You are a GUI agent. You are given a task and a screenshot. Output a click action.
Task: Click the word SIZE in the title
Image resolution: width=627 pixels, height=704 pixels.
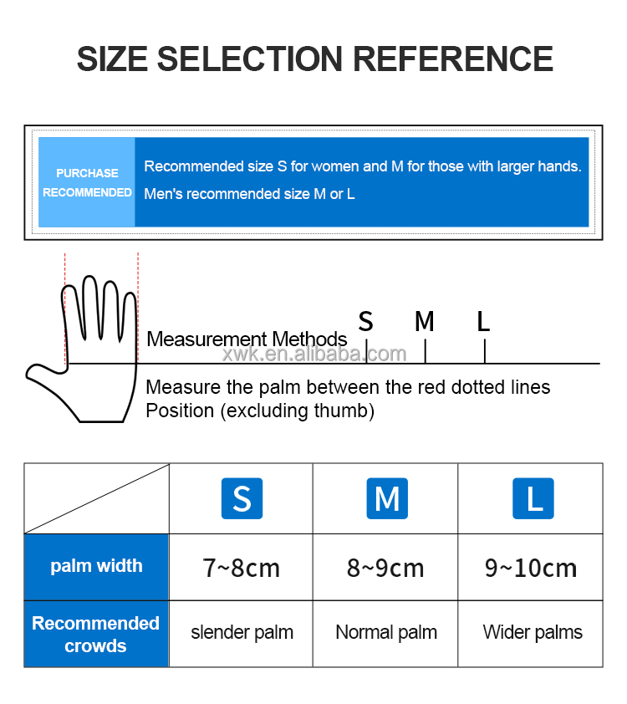coord(112,59)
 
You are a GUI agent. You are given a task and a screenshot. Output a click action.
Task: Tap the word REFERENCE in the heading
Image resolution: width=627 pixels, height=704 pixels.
coord(453,59)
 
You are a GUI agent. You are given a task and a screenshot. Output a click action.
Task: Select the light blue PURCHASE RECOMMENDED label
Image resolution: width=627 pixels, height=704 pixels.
coord(87,182)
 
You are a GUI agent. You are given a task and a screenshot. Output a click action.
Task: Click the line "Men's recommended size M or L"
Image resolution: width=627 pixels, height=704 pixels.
coord(249,194)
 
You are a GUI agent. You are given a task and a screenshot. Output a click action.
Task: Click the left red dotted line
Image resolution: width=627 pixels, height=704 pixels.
coord(65,309)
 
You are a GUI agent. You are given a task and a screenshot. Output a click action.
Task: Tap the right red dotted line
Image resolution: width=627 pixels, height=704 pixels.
coord(138,308)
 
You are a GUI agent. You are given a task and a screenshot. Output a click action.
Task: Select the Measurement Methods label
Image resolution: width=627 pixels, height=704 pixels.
coord(247,339)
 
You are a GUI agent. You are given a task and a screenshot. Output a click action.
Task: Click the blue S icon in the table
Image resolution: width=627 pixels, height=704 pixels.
coord(242,498)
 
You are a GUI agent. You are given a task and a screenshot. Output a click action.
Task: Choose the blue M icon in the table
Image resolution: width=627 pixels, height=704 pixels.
coord(387,498)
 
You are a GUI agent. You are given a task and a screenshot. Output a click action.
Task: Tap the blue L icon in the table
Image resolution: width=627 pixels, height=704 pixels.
coord(533,498)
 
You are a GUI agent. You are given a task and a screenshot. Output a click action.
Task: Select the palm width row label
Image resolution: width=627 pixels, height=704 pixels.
coord(96,567)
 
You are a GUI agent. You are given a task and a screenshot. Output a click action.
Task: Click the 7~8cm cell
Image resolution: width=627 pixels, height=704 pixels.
coord(241,568)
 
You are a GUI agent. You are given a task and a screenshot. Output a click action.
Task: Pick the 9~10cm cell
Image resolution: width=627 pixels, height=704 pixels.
coord(531,568)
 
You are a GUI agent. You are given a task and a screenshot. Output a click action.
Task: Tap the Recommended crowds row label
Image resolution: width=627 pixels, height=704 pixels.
coord(95,634)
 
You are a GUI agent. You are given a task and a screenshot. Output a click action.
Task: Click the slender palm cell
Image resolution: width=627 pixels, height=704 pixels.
coord(242,633)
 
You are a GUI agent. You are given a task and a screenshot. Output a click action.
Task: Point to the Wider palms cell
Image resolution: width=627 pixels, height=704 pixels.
coord(533,633)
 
